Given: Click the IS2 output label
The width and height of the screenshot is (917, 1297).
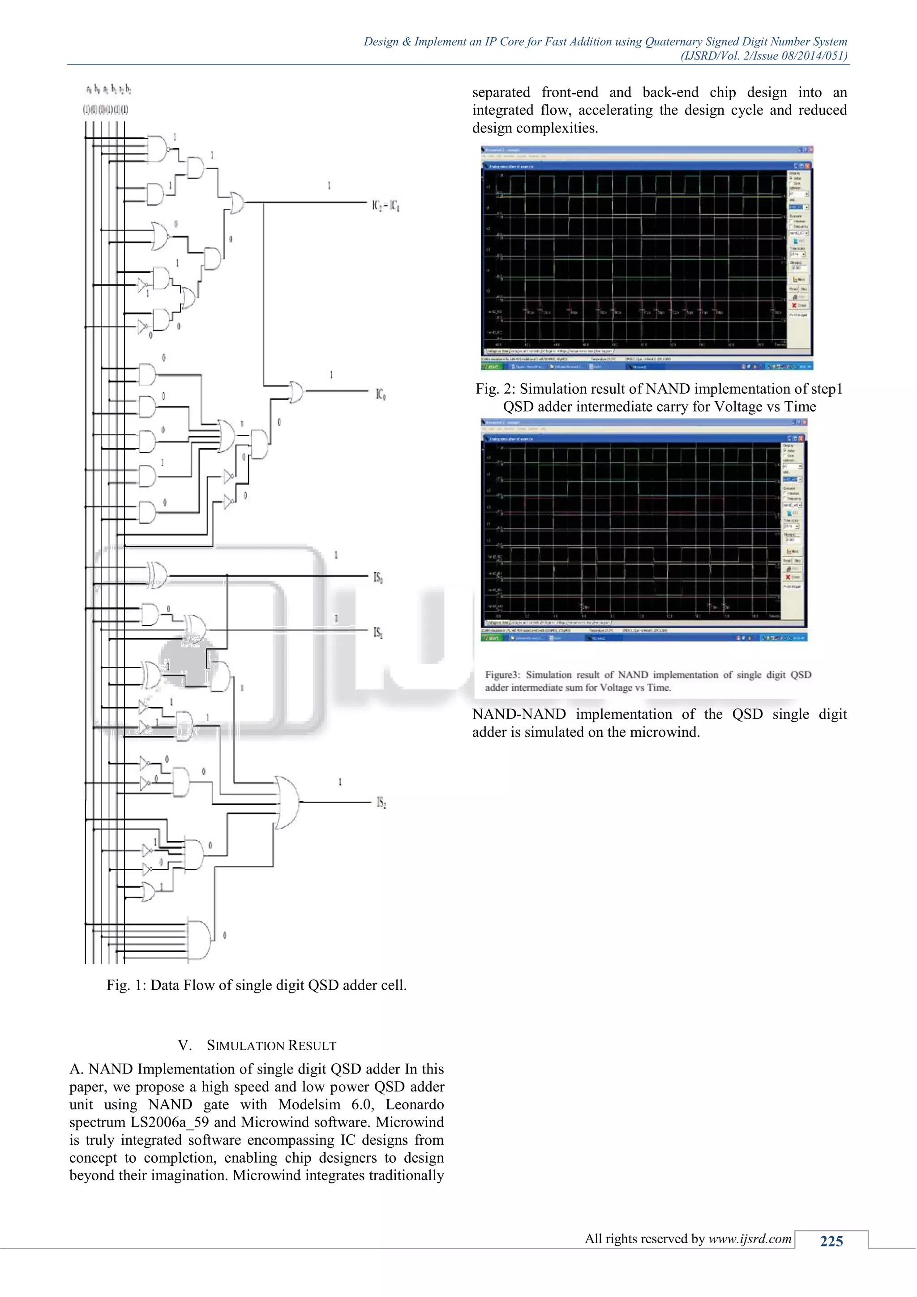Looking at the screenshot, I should [x=381, y=803].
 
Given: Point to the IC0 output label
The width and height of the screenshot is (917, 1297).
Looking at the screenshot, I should [x=381, y=394].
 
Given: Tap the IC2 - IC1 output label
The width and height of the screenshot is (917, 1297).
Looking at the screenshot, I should [x=386, y=206].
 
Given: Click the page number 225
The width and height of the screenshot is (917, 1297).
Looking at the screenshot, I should [x=831, y=1241].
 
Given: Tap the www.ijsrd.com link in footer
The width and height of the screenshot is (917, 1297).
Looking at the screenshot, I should [x=750, y=1239].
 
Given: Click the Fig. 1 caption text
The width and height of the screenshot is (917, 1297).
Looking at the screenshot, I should [x=257, y=985].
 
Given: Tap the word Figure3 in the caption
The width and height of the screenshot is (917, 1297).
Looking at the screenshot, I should [x=501, y=675].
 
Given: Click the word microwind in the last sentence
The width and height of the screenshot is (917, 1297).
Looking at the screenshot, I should [x=667, y=733].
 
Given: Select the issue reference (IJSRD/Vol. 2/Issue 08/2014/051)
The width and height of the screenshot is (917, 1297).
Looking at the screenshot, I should [x=763, y=56].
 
